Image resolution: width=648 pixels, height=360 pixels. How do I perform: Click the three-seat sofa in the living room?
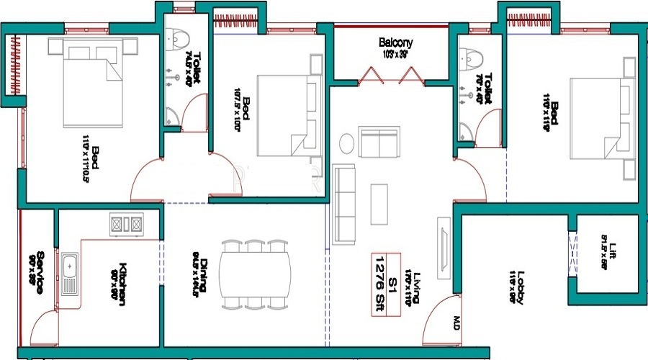345,204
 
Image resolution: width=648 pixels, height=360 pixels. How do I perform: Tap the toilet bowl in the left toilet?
176,36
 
